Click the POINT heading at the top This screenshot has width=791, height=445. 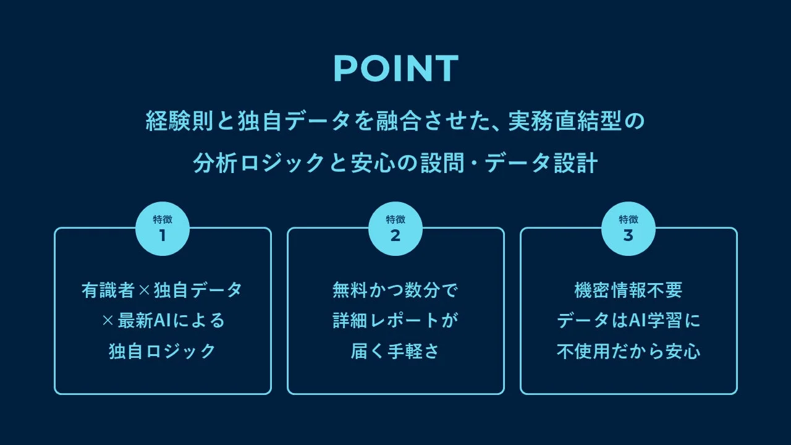point(395,68)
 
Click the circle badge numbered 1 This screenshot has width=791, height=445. point(163,229)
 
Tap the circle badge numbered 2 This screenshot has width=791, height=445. point(395,229)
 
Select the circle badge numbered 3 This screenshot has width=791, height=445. point(628,229)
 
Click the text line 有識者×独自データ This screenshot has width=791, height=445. point(163,290)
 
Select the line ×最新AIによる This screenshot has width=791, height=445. point(163,321)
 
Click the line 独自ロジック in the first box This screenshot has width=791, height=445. point(163,351)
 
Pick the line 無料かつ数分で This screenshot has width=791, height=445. point(395,290)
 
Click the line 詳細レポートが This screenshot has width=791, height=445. point(395,321)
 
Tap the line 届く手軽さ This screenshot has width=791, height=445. point(395,351)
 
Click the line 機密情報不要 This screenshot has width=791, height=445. point(628,290)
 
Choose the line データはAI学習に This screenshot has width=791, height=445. point(628,321)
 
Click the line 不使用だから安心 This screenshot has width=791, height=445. point(628,351)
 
